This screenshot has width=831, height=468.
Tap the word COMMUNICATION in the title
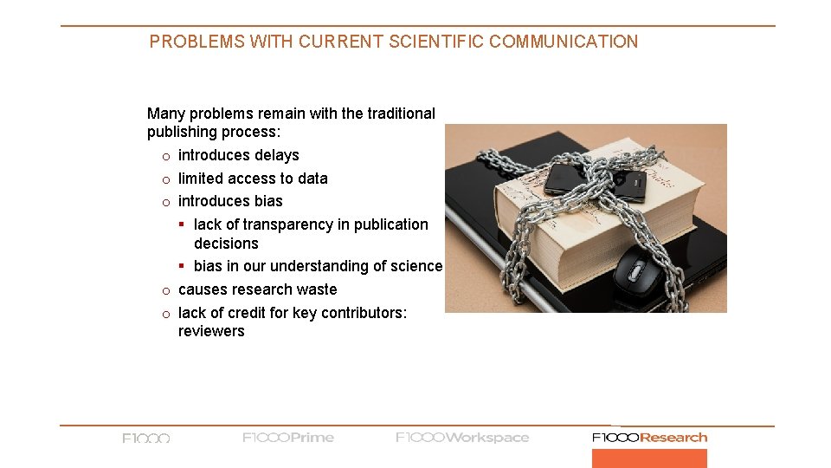coord(564,42)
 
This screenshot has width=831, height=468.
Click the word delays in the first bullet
coord(276,155)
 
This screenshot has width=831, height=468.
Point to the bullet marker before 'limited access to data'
coord(164,179)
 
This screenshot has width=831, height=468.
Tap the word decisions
coord(226,244)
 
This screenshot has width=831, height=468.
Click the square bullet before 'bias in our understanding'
coord(183,267)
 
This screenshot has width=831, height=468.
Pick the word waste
coord(317,289)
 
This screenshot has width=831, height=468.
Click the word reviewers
coord(211,331)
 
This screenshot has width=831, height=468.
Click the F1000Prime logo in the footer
coord(288,438)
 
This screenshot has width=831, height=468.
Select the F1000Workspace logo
coord(462,438)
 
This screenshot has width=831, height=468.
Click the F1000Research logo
coord(649,438)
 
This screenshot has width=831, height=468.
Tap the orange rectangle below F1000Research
coord(649,458)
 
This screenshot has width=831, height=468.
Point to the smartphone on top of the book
coord(596,179)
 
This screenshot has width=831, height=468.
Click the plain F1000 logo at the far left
coord(146,439)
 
